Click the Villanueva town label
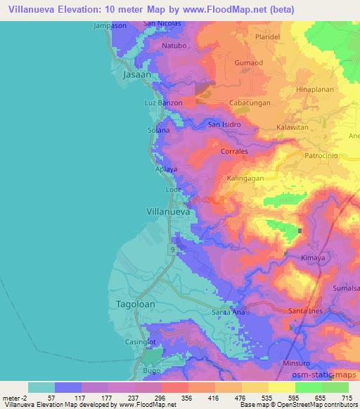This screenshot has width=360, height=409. (169, 209)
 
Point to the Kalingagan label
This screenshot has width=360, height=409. (247, 178)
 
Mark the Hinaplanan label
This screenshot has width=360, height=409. (314, 91)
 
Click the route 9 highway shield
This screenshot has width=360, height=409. (172, 249)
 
